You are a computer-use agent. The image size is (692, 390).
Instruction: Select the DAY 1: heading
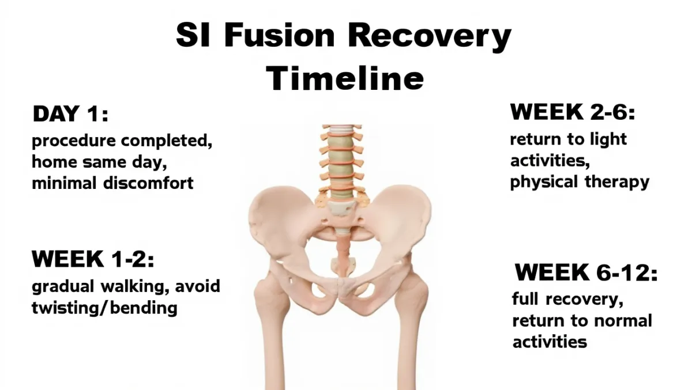tap(70, 113)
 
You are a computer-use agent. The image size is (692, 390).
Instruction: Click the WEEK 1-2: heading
tap(93, 259)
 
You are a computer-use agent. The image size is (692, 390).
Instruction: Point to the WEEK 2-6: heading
tap(573, 112)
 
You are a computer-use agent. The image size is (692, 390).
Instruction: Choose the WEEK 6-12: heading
tap(586, 272)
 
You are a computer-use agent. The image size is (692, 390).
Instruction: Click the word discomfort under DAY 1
tap(148, 183)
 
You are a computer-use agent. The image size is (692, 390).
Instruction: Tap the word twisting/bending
tap(104, 308)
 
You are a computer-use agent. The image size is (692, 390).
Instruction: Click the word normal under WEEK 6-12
tap(623, 321)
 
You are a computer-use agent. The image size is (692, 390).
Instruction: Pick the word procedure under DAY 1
tap(74, 141)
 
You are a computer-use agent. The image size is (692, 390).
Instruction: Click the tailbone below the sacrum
tap(342, 266)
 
